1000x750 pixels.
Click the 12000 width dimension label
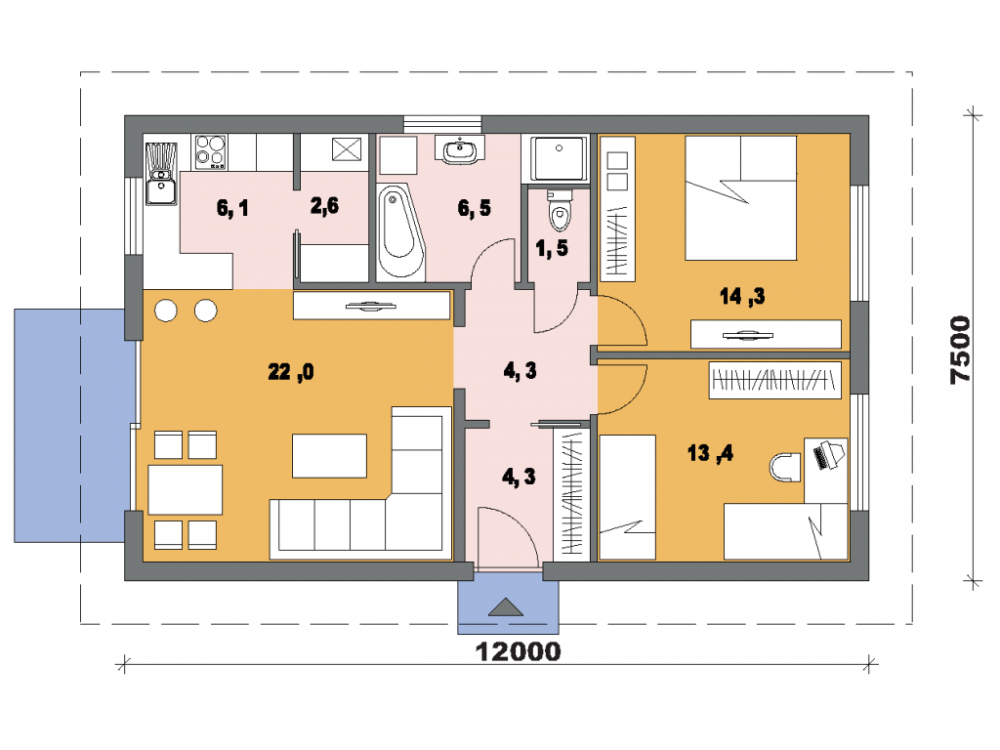(x=518, y=651)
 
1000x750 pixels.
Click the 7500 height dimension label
(x=960, y=350)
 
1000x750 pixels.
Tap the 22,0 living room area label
(x=291, y=371)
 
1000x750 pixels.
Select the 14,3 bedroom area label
(x=742, y=296)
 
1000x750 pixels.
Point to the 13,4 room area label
(x=710, y=453)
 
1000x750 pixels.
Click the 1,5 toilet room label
(x=552, y=248)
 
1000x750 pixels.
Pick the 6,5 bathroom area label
(x=475, y=208)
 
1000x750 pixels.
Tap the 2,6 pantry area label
(x=324, y=205)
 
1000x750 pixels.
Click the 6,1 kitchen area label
(x=232, y=208)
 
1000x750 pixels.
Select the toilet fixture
(x=560, y=209)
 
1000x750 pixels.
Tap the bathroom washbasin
(x=459, y=149)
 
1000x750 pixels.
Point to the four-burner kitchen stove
(x=211, y=151)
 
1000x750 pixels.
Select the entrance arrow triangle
(x=506, y=607)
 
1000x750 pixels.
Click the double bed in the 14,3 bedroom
(x=740, y=197)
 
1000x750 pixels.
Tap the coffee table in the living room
(x=329, y=455)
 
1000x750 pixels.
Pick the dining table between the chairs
(x=185, y=490)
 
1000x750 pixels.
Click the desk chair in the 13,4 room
(x=785, y=468)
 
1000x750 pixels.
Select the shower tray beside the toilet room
(x=559, y=158)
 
